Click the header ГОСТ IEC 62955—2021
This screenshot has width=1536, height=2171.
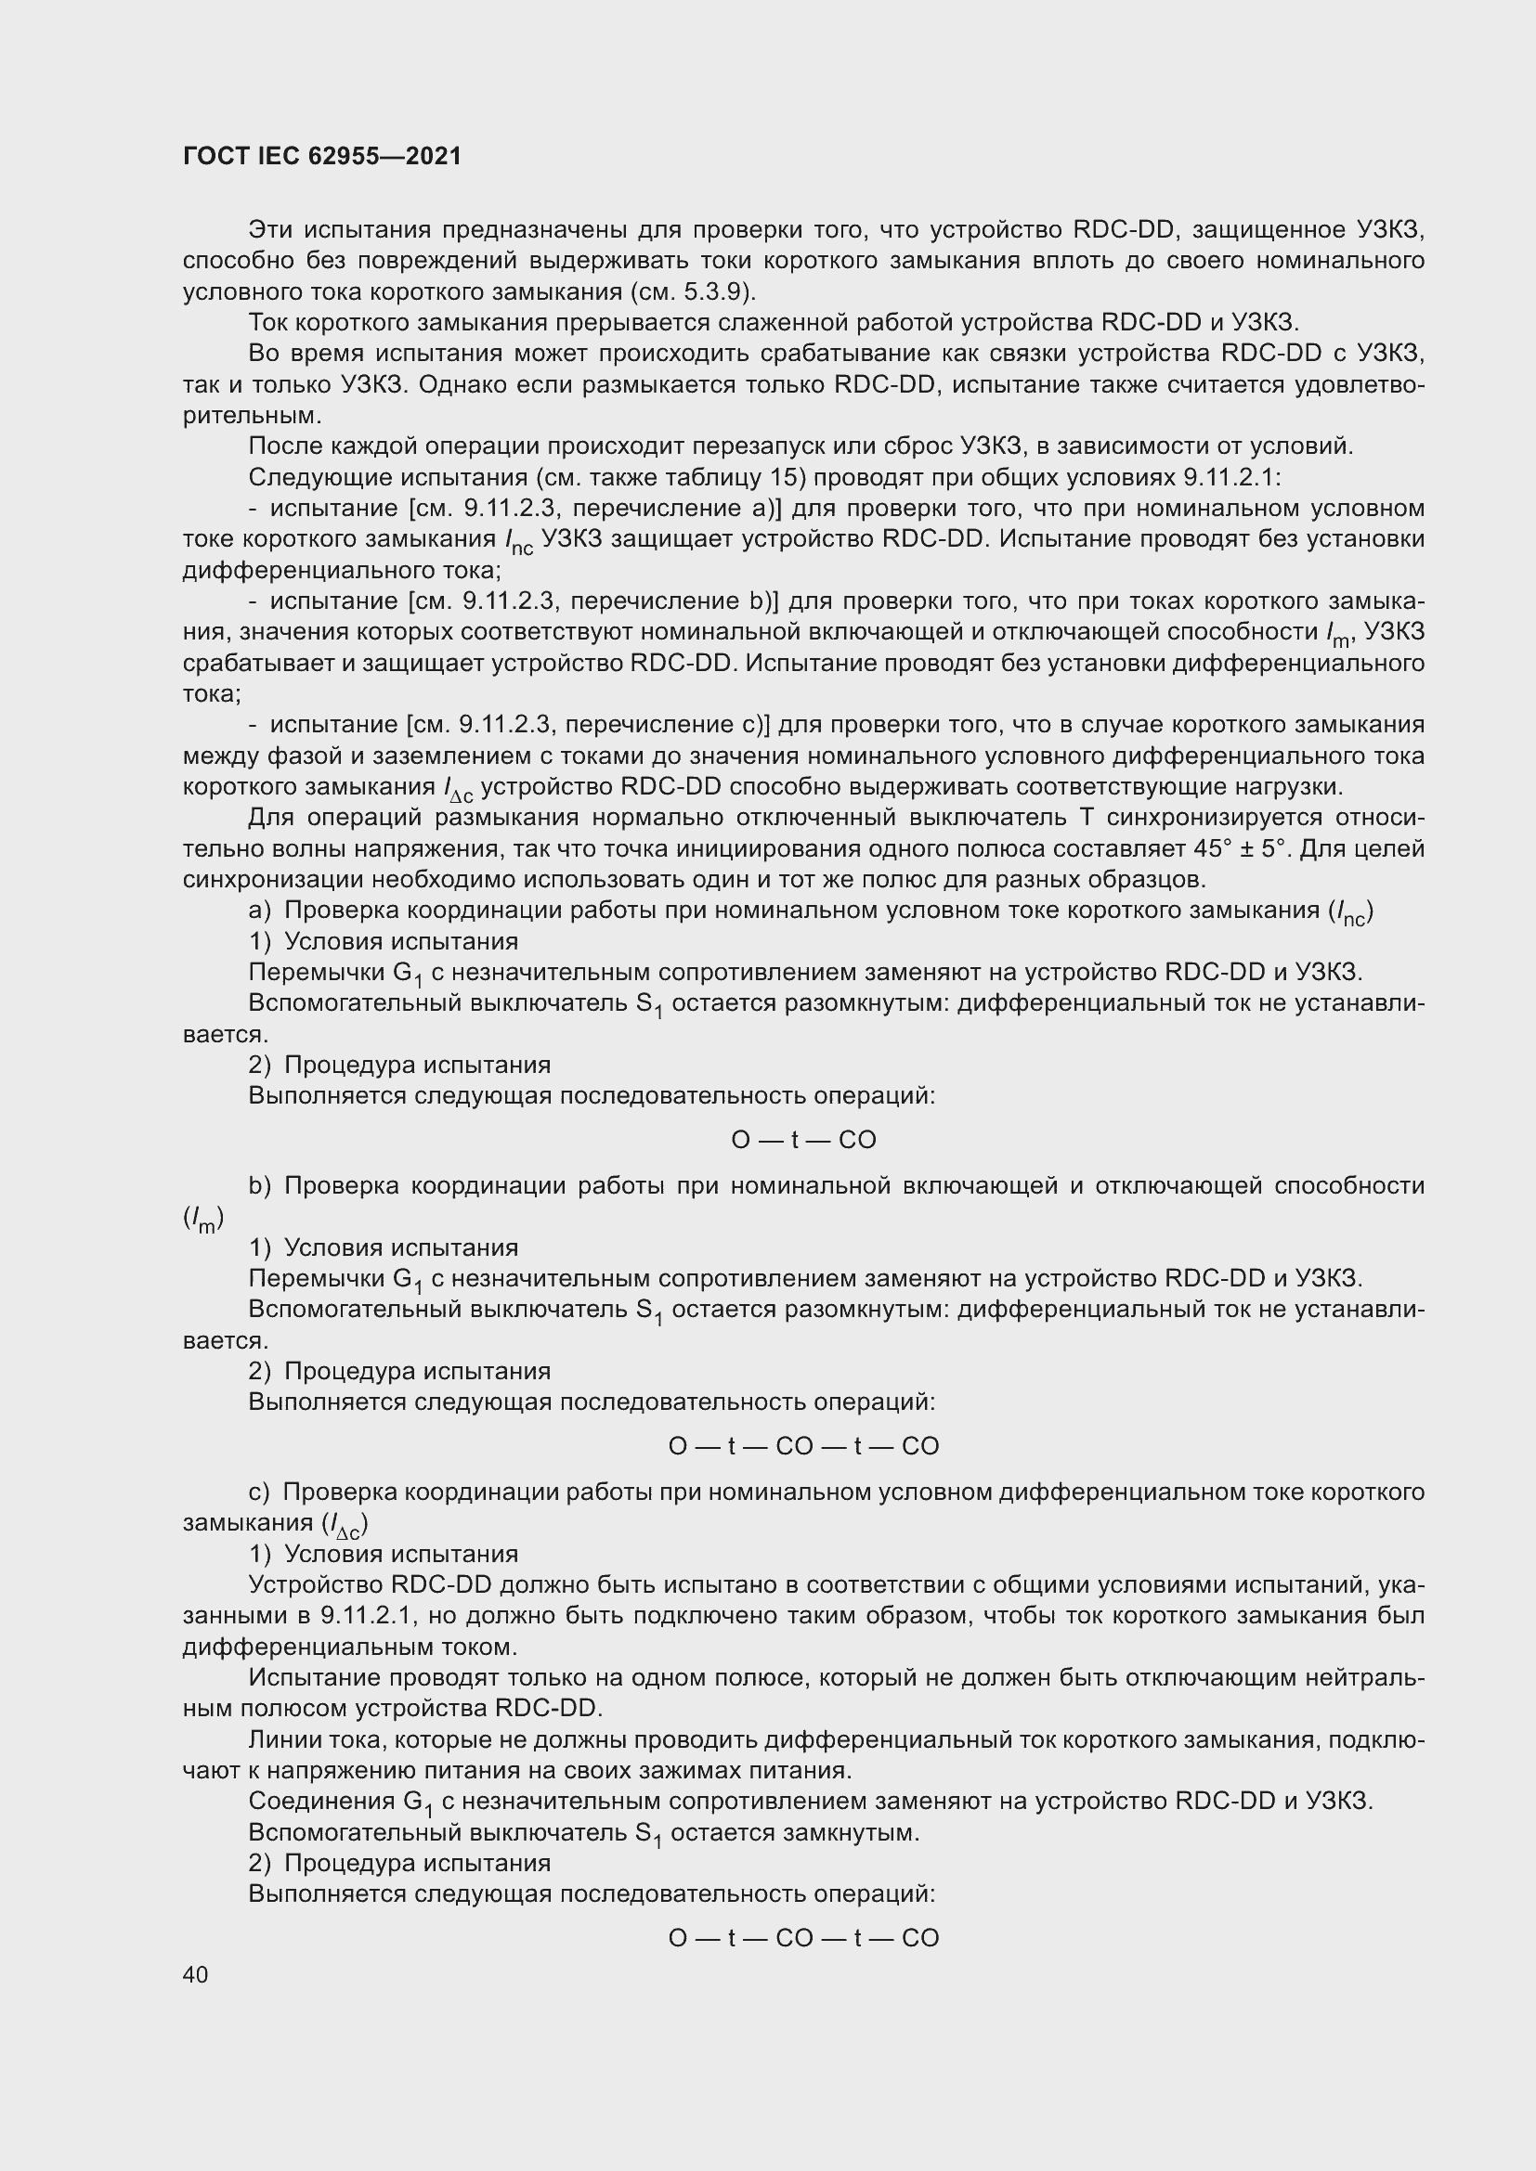(x=321, y=156)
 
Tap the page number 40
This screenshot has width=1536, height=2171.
(x=195, y=1974)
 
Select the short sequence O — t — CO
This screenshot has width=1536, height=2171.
(x=803, y=1140)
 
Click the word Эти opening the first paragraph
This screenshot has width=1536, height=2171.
(x=272, y=230)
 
